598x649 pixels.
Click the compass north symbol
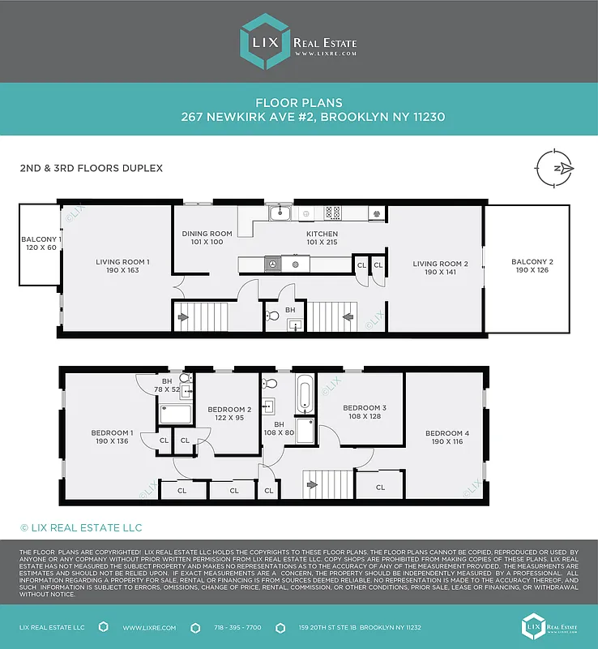(555, 168)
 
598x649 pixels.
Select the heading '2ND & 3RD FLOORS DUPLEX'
(91, 169)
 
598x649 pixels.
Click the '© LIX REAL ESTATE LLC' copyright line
(80, 528)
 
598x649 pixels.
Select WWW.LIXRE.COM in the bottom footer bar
(149, 628)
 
